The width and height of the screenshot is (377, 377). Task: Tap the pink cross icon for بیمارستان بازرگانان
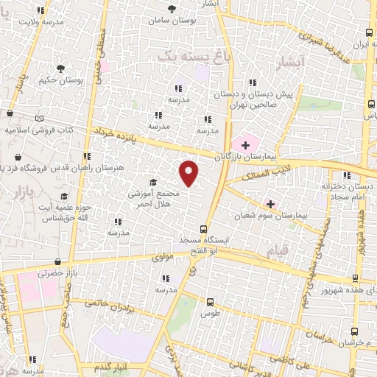click(x=245, y=145)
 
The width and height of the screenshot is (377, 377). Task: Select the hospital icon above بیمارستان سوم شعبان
click(x=271, y=203)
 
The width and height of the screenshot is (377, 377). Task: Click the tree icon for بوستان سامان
click(x=172, y=10)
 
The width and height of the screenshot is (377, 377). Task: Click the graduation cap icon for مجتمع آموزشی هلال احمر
click(x=152, y=183)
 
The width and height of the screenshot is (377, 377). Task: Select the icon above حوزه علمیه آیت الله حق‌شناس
click(x=64, y=197)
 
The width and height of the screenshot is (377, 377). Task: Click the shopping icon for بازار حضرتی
click(x=57, y=261)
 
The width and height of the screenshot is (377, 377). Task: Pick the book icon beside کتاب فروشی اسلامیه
click(x=39, y=119)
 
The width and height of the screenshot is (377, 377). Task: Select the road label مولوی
click(x=161, y=257)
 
